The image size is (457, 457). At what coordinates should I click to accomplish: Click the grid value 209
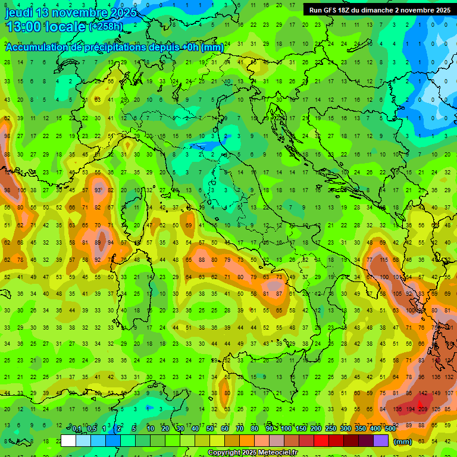point(423,409)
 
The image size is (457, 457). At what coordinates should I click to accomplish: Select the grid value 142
point(423,393)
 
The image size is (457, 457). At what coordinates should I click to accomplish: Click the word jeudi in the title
point(20,12)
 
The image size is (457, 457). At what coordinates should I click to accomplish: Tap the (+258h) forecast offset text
point(106,27)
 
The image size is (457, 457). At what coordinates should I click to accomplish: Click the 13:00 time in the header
point(23,27)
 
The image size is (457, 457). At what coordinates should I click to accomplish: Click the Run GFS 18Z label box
point(379,10)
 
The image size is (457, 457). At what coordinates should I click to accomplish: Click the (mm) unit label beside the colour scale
point(402,442)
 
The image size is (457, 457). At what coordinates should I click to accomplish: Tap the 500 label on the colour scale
point(390,429)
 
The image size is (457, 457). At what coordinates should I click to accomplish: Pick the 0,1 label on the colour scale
point(77,429)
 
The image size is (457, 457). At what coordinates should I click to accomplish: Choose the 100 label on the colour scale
point(286,429)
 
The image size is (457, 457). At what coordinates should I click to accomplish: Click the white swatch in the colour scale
point(68,441)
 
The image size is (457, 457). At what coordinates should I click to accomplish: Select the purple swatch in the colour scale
point(381,441)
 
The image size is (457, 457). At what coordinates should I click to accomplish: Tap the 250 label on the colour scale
point(330,429)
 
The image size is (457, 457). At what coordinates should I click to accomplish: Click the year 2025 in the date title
point(123,12)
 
